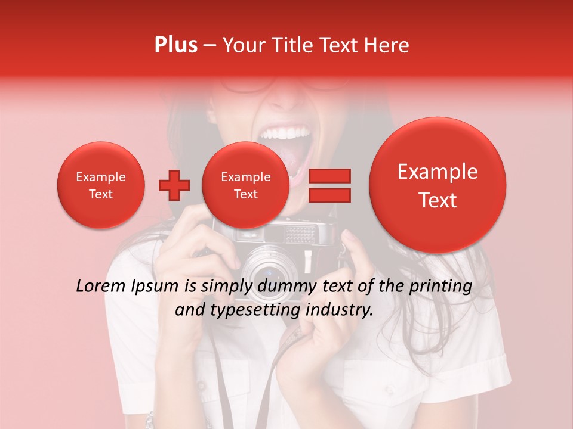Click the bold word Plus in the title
coord(176,45)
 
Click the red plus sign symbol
coord(174,185)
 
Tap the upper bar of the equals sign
coord(329,176)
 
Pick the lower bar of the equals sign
coord(329,195)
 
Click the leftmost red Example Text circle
coord(100,185)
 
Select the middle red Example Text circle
coord(245,185)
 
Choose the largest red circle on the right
coord(438,185)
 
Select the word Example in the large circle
coord(438,172)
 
